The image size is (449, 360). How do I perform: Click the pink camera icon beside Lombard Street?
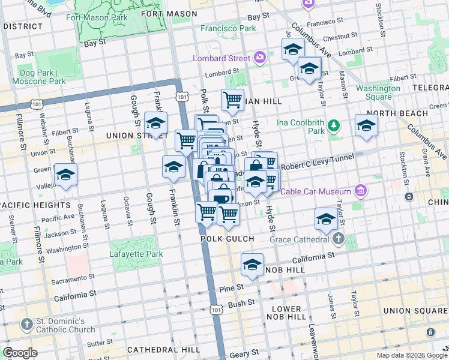pyautogui.click(x=259, y=58)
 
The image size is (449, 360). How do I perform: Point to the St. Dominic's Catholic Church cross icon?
pyautogui.click(x=26, y=325)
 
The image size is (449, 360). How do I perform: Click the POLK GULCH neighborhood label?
pyautogui.click(x=228, y=239)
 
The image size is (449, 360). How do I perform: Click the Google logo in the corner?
pyautogui.click(x=20, y=353)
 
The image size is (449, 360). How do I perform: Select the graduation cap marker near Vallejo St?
pyautogui.click(x=65, y=175)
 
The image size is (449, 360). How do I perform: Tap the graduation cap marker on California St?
pyautogui.click(x=252, y=265)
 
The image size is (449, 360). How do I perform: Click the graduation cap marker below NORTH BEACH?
pyautogui.click(x=366, y=125)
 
